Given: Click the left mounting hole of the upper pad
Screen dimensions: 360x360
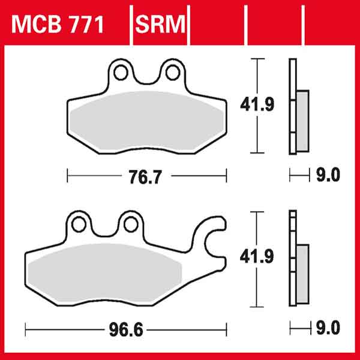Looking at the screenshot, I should (x=121, y=73).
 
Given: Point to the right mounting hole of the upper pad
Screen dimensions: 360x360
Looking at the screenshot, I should (x=172, y=73).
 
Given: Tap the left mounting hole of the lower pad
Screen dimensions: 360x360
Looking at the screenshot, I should (x=77, y=224).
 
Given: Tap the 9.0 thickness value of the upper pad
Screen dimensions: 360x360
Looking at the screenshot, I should (x=327, y=175).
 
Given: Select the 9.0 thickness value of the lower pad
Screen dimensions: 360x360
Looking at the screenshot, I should (x=327, y=328).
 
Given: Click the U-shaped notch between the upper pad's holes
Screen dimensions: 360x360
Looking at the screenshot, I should (x=146, y=78).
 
